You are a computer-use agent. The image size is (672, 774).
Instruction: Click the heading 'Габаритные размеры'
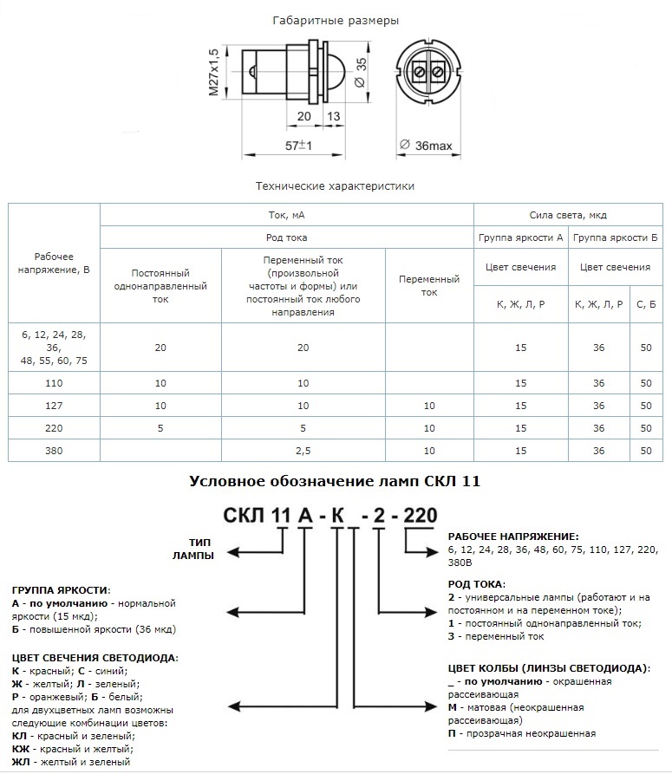[336, 20]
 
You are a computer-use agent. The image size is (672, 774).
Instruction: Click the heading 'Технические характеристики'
[335, 186]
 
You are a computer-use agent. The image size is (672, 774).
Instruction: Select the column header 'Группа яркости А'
[520, 237]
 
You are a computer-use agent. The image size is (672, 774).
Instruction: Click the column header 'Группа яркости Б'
[615, 237]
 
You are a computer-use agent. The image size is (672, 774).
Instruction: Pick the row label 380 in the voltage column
[54, 451]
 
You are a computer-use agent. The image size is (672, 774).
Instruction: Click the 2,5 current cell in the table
[302, 451]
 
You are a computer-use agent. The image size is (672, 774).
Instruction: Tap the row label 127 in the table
[54, 406]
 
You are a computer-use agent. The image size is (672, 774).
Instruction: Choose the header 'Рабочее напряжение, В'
[54, 263]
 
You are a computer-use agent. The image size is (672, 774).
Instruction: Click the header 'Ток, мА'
[286, 214]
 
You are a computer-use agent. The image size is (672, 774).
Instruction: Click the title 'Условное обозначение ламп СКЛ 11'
[336, 480]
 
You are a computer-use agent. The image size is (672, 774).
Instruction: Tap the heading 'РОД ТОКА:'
[476, 584]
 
